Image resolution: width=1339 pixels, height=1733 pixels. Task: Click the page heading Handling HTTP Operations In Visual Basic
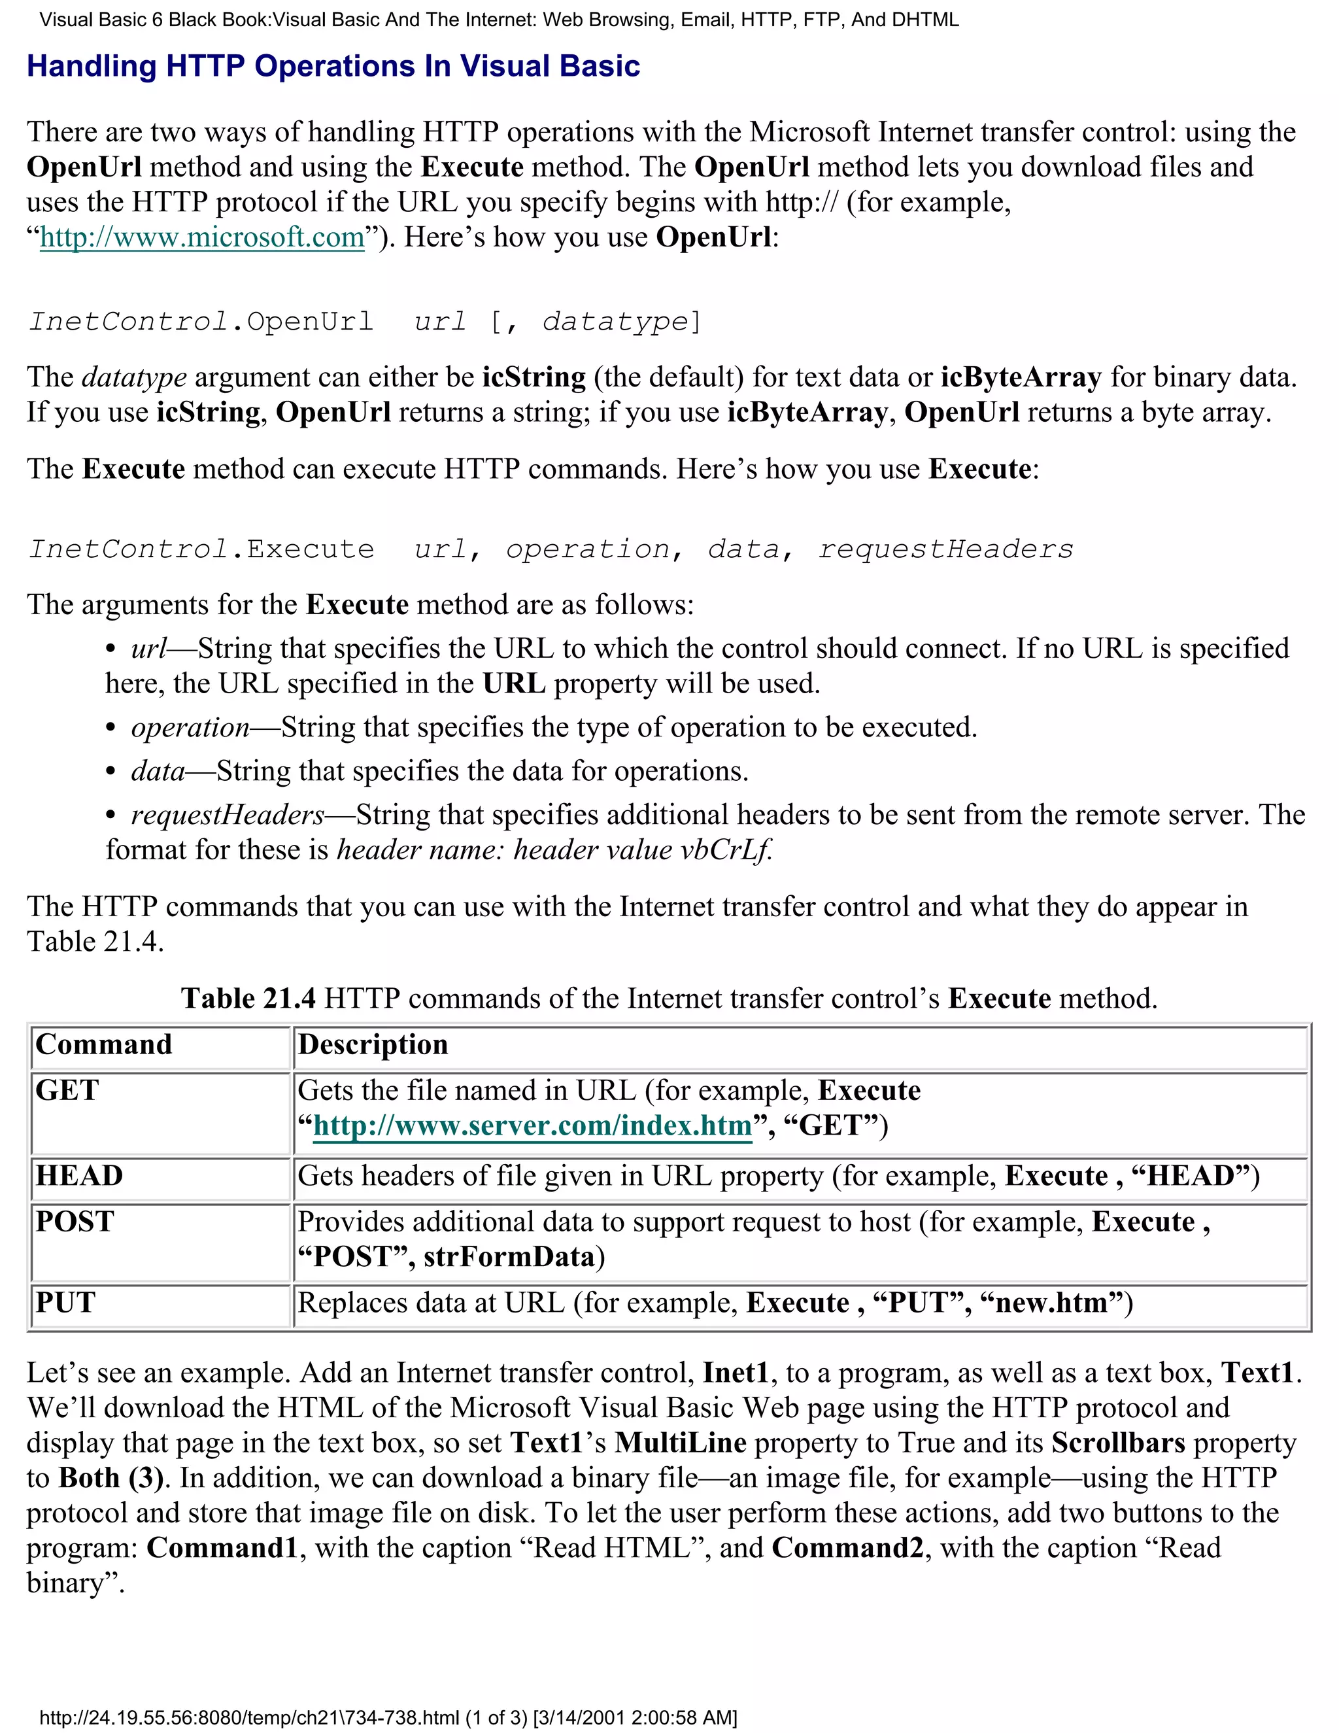coord(333,67)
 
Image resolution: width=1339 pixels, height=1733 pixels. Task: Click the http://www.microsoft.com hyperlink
coord(201,237)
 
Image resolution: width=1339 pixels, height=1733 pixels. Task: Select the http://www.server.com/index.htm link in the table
coord(532,1126)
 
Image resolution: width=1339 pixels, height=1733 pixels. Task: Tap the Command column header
coord(104,1045)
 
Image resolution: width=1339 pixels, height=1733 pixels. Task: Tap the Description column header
coord(373,1045)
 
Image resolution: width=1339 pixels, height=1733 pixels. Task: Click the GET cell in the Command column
coord(67,1091)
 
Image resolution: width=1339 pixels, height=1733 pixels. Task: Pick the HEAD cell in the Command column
coord(79,1176)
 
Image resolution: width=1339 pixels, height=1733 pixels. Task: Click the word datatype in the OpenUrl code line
coord(615,321)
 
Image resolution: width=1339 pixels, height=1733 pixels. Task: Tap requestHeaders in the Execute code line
coord(945,549)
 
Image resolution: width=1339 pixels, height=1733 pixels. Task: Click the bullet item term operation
coord(190,728)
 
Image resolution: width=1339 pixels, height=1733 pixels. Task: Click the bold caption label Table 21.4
coord(248,998)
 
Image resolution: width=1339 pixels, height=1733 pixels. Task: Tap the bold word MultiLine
coord(681,1443)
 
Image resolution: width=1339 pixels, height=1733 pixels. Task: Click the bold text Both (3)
coord(111,1477)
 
